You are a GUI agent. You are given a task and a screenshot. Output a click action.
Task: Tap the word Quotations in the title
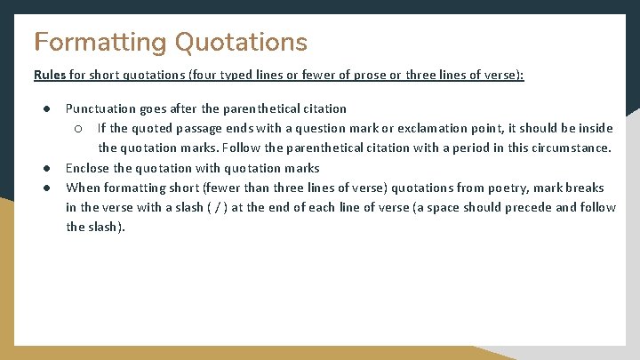241,42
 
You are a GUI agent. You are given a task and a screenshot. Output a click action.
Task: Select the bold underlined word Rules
49,76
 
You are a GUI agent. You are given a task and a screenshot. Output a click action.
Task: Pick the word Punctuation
99,108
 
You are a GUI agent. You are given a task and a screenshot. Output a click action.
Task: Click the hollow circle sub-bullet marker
78,128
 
